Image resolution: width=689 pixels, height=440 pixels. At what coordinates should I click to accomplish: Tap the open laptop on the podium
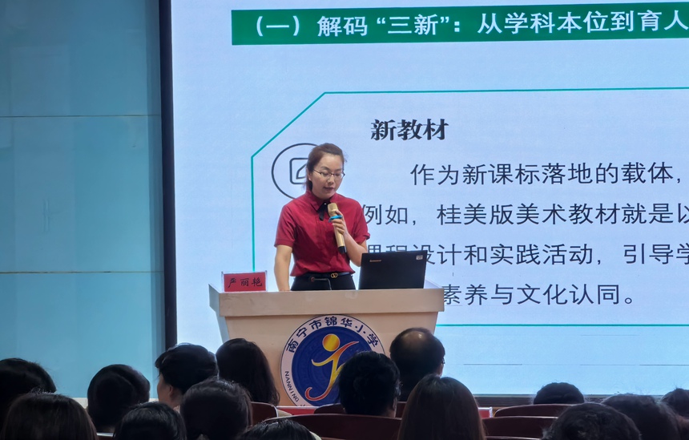(x=392, y=270)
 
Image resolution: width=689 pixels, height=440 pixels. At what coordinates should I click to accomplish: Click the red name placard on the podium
(x=244, y=281)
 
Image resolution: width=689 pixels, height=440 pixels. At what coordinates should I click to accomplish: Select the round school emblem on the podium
(x=331, y=359)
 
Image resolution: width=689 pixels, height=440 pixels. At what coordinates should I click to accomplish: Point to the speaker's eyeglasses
(x=328, y=173)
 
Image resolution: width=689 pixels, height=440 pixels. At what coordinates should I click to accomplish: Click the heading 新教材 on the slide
(x=409, y=130)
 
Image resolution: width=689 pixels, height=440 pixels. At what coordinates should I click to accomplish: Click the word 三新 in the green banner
(x=417, y=26)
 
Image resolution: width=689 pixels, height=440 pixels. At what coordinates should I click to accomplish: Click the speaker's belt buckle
(x=327, y=275)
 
